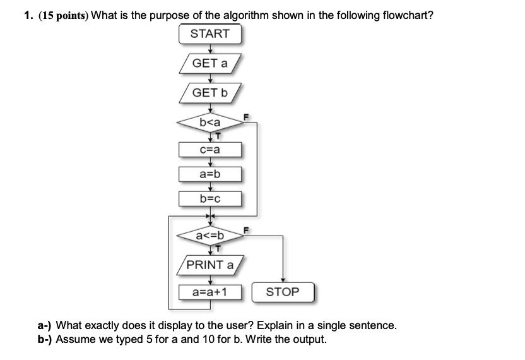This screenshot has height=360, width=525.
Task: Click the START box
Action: tap(210, 34)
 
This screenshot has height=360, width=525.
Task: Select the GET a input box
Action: tap(210, 63)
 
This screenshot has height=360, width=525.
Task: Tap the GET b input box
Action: tap(210, 93)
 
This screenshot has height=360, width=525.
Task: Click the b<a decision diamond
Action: tap(210, 122)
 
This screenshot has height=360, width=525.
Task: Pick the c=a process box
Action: tap(210, 149)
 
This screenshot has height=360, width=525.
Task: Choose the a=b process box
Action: tap(210, 174)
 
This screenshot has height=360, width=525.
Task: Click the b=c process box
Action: tap(210, 199)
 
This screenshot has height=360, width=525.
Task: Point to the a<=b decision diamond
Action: tap(210, 236)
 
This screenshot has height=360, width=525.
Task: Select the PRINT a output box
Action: tap(210, 265)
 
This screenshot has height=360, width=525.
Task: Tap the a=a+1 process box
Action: tap(210, 292)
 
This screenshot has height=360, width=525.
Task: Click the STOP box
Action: tap(282, 292)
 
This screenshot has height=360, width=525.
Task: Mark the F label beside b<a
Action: tap(247, 116)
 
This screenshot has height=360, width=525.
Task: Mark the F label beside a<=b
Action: tap(247, 229)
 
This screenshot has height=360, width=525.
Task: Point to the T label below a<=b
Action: tap(218, 248)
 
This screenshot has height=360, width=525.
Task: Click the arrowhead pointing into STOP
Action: tap(282, 281)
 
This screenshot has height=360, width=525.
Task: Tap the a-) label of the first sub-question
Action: tap(45, 326)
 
